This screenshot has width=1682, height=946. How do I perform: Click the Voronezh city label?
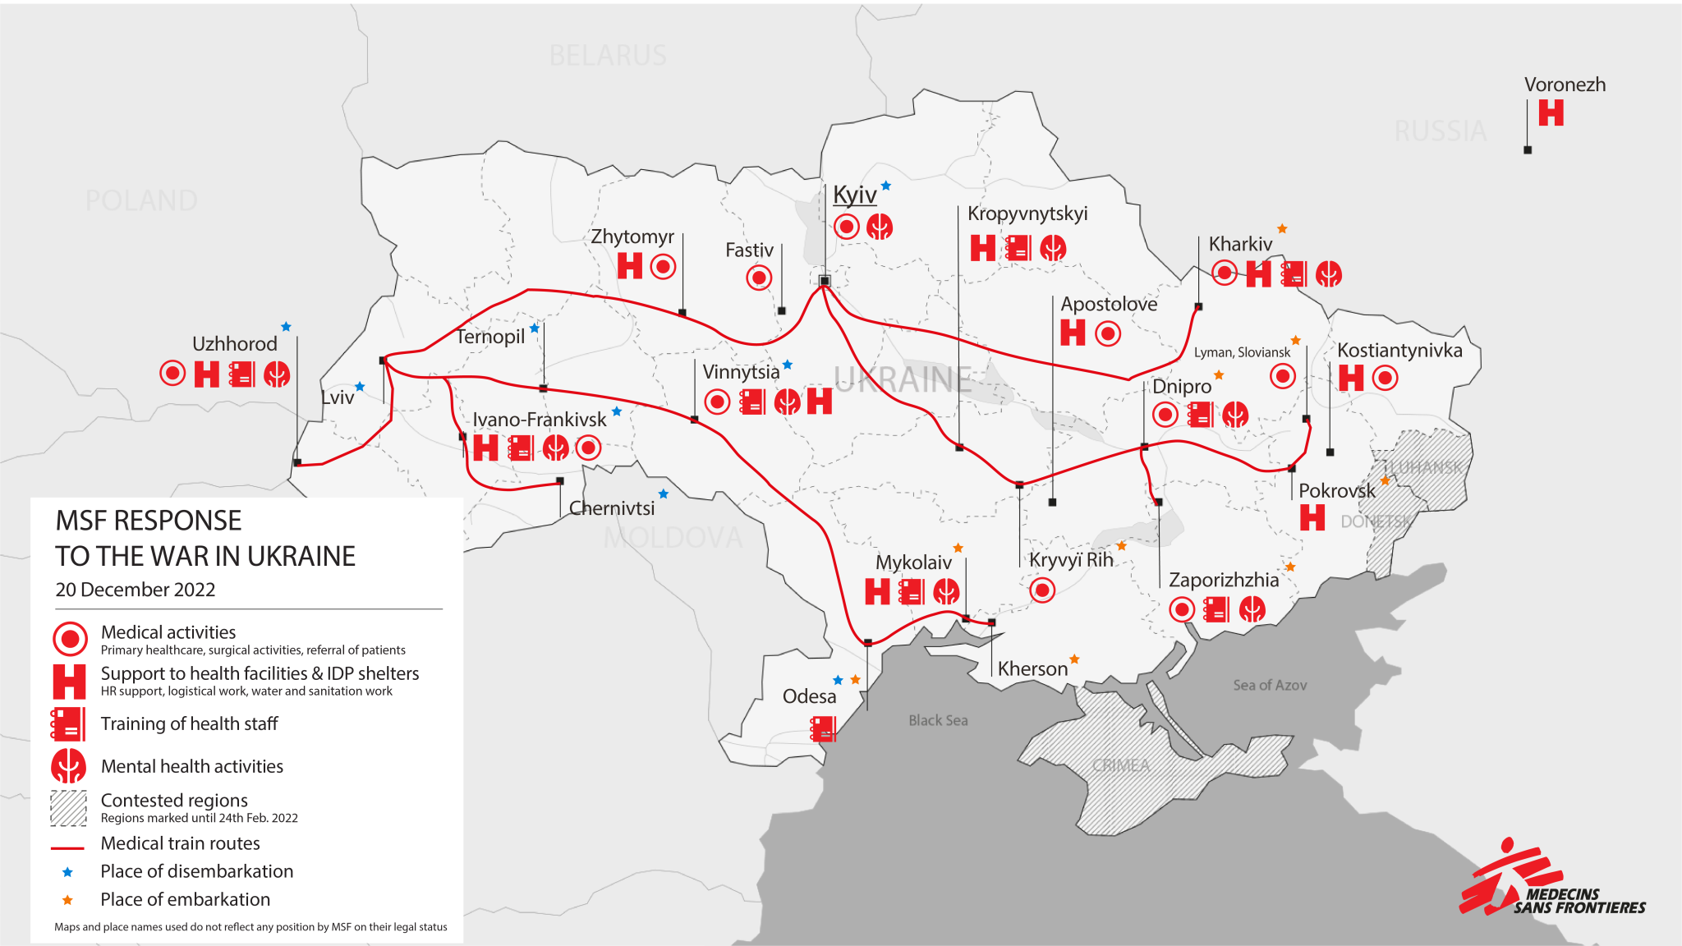click(x=1565, y=85)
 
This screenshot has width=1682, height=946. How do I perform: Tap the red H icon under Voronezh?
click(x=1551, y=113)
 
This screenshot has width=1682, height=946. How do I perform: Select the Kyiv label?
click(x=854, y=195)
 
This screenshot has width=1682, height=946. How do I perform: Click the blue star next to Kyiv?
click(x=886, y=186)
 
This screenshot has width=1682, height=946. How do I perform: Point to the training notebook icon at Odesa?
click(x=823, y=728)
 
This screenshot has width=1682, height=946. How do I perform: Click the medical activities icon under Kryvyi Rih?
click(x=1042, y=590)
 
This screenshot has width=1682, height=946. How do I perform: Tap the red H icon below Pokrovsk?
click(x=1312, y=517)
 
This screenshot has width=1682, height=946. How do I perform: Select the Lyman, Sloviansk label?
click(x=1242, y=352)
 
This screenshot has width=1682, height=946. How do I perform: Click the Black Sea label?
click(x=938, y=720)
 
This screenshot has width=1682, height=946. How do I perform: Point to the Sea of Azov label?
click(x=1269, y=685)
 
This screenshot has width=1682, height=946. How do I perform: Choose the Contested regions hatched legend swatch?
click(x=68, y=808)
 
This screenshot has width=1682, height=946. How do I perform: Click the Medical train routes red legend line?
click(x=67, y=847)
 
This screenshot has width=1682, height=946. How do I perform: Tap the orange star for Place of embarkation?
click(x=67, y=900)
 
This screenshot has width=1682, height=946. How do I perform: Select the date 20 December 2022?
click(x=136, y=590)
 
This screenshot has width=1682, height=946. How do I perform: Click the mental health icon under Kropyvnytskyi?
click(x=1053, y=247)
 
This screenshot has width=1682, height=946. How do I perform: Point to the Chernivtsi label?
click(x=612, y=508)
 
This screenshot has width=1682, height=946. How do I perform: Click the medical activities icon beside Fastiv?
click(x=759, y=278)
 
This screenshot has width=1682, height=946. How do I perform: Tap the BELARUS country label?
click(x=608, y=56)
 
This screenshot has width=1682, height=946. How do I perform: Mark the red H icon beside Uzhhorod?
click(x=206, y=374)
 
